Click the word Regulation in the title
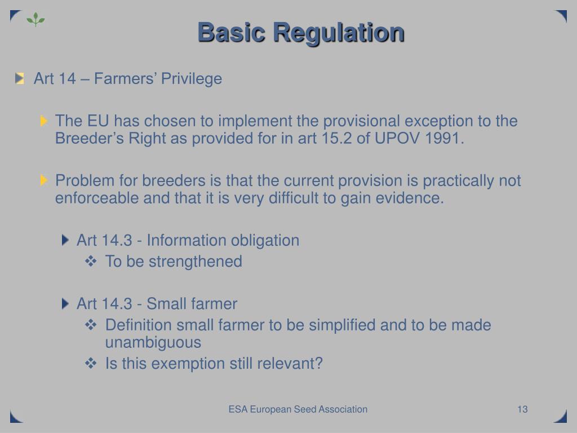point(339,33)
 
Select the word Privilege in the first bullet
point(192,79)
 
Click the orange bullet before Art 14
point(20,78)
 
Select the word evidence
point(415,198)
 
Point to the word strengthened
point(195,262)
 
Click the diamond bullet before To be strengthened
point(91,261)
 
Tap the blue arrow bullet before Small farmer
point(66,304)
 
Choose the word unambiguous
point(153,343)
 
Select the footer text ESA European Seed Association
point(298,409)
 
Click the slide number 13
point(522,409)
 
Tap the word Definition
point(139,325)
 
